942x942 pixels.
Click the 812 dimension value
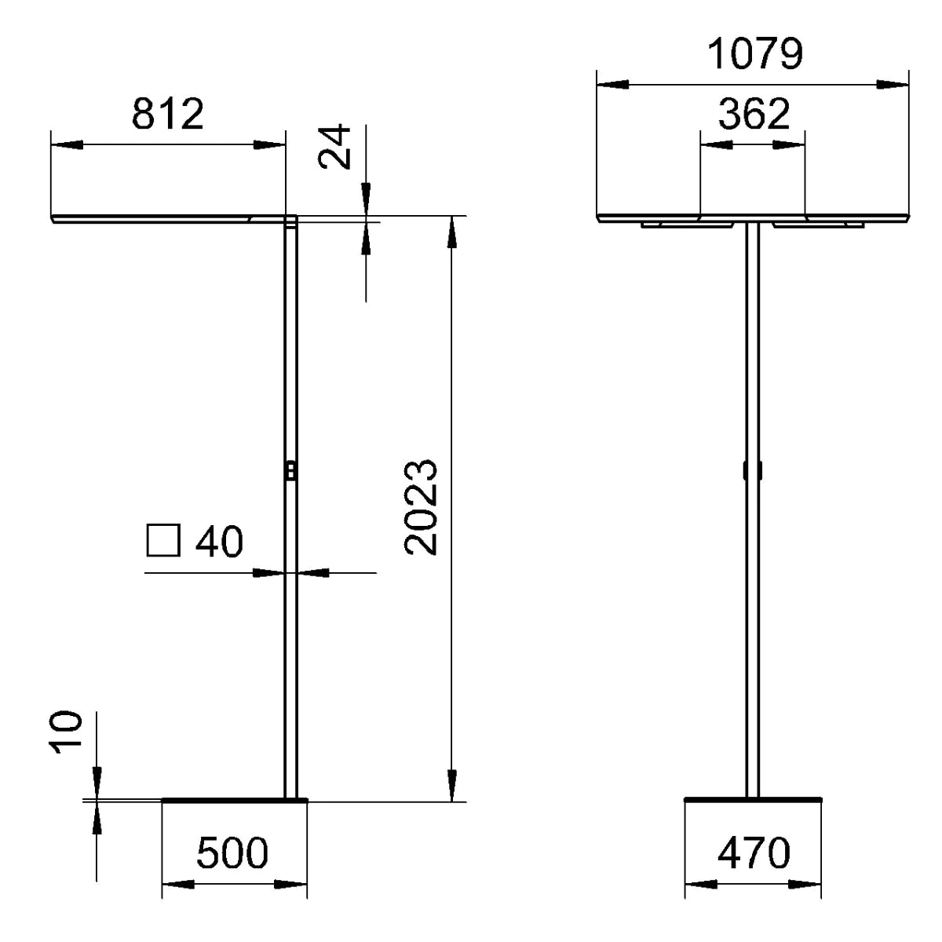[x=168, y=115]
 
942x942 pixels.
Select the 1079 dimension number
[x=754, y=54]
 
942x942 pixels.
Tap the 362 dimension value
[x=754, y=114]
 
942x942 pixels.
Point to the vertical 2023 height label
[x=421, y=507]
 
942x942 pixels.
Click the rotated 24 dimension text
[x=335, y=147]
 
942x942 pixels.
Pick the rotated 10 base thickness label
[x=65, y=732]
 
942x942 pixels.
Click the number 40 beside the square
[x=219, y=541]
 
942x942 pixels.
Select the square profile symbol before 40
[x=163, y=540]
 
